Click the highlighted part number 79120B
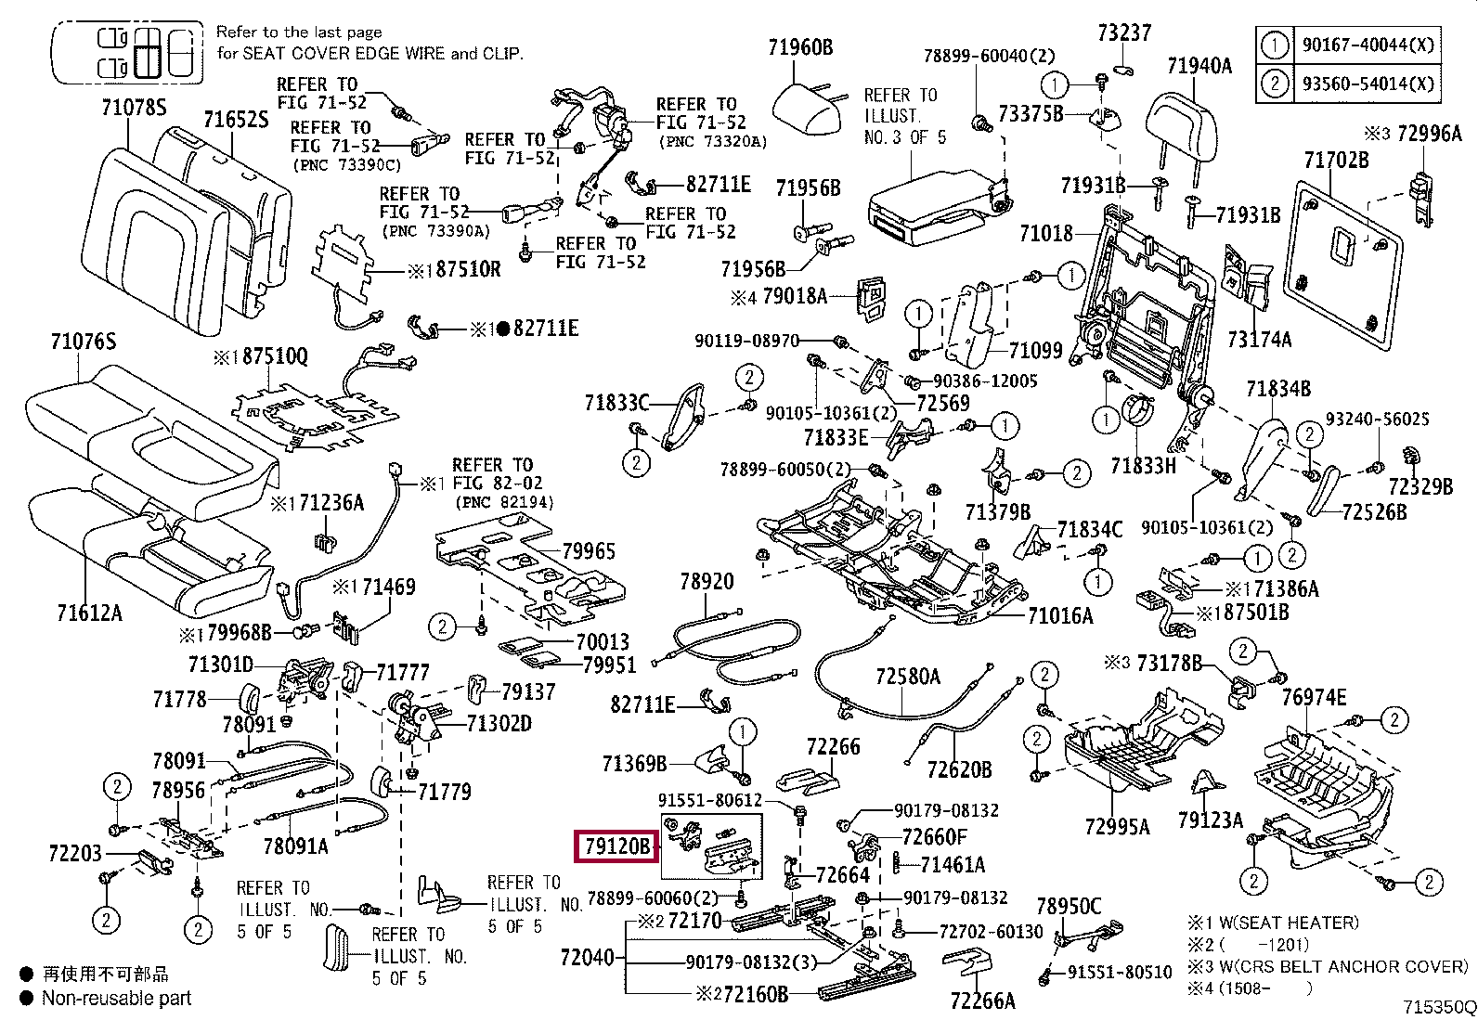click(617, 846)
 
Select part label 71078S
click(134, 107)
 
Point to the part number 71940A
click(1199, 66)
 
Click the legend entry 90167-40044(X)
click(1368, 45)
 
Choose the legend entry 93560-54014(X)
click(1368, 84)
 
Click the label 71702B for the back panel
click(1336, 160)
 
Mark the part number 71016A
click(1060, 615)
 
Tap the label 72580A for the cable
click(908, 677)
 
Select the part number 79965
click(589, 551)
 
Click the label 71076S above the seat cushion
click(84, 342)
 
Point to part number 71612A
click(90, 613)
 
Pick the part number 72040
click(588, 957)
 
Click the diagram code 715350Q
click(1439, 1007)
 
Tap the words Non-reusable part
click(116, 999)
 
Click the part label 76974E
click(1314, 697)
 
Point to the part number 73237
click(1124, 32)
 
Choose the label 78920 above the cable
click(707, 581)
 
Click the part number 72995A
click(1117, 826)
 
